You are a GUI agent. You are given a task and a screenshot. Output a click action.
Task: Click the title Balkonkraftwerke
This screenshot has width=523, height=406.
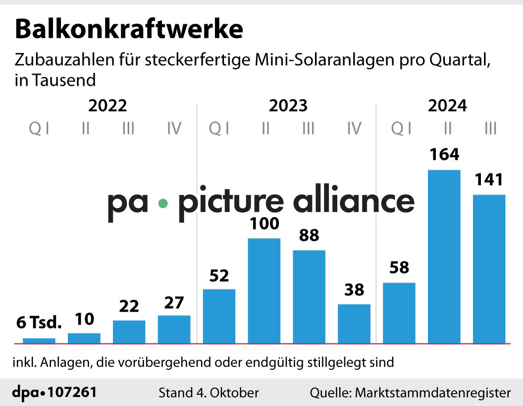(129, 30)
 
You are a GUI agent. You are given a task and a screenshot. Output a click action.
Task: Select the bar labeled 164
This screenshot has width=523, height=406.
(444, 256)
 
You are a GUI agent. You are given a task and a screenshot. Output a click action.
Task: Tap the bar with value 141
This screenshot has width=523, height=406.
(489, 269)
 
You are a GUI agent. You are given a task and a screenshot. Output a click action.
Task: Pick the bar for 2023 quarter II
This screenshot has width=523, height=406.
(264, 291)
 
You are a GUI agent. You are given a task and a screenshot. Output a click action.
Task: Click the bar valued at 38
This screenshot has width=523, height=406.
(354, 323)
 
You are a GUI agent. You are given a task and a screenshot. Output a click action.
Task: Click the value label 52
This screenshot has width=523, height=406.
(219, 275)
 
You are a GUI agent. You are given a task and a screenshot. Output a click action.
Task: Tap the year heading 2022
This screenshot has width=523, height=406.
(108, 105)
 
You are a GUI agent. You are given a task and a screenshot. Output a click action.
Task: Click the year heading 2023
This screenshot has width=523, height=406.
(288, 105)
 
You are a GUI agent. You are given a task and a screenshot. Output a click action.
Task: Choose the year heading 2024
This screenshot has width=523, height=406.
(448, 105)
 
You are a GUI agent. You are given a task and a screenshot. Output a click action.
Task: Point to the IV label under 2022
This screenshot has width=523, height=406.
(174, 129)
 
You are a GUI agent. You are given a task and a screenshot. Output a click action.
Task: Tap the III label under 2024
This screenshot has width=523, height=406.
(490, 129)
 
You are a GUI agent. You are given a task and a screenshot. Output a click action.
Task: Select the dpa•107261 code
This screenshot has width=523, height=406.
(54, 393)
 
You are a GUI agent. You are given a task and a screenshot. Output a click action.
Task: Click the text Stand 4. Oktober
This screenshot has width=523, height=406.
(209, 393)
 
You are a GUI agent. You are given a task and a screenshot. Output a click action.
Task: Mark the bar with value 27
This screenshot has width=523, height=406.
(174, 329)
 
